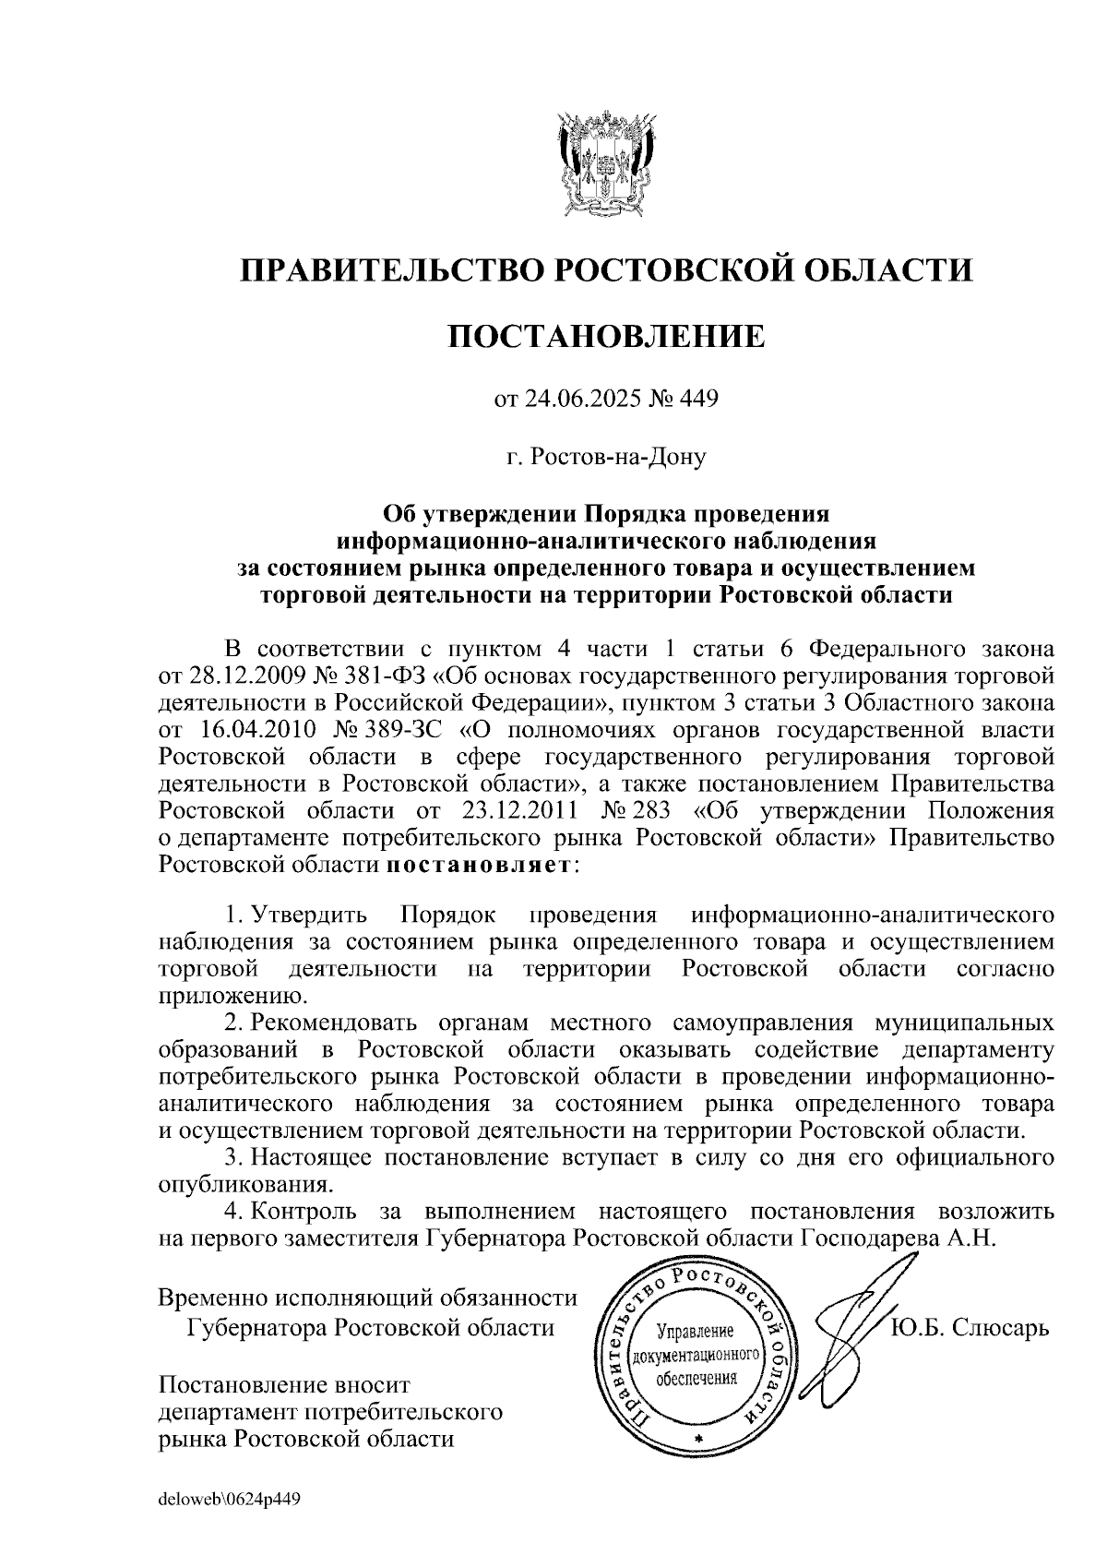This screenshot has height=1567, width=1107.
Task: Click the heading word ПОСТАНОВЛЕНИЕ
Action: click(x=606, y=336)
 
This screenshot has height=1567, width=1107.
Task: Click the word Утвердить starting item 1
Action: click(x=311, y=915)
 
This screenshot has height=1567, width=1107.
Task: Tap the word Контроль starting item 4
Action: click(x=305, y=1212)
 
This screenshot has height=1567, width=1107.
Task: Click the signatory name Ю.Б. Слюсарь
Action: click(x=970, y=1329)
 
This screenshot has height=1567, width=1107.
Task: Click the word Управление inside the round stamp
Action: click(x=694, y=1332)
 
